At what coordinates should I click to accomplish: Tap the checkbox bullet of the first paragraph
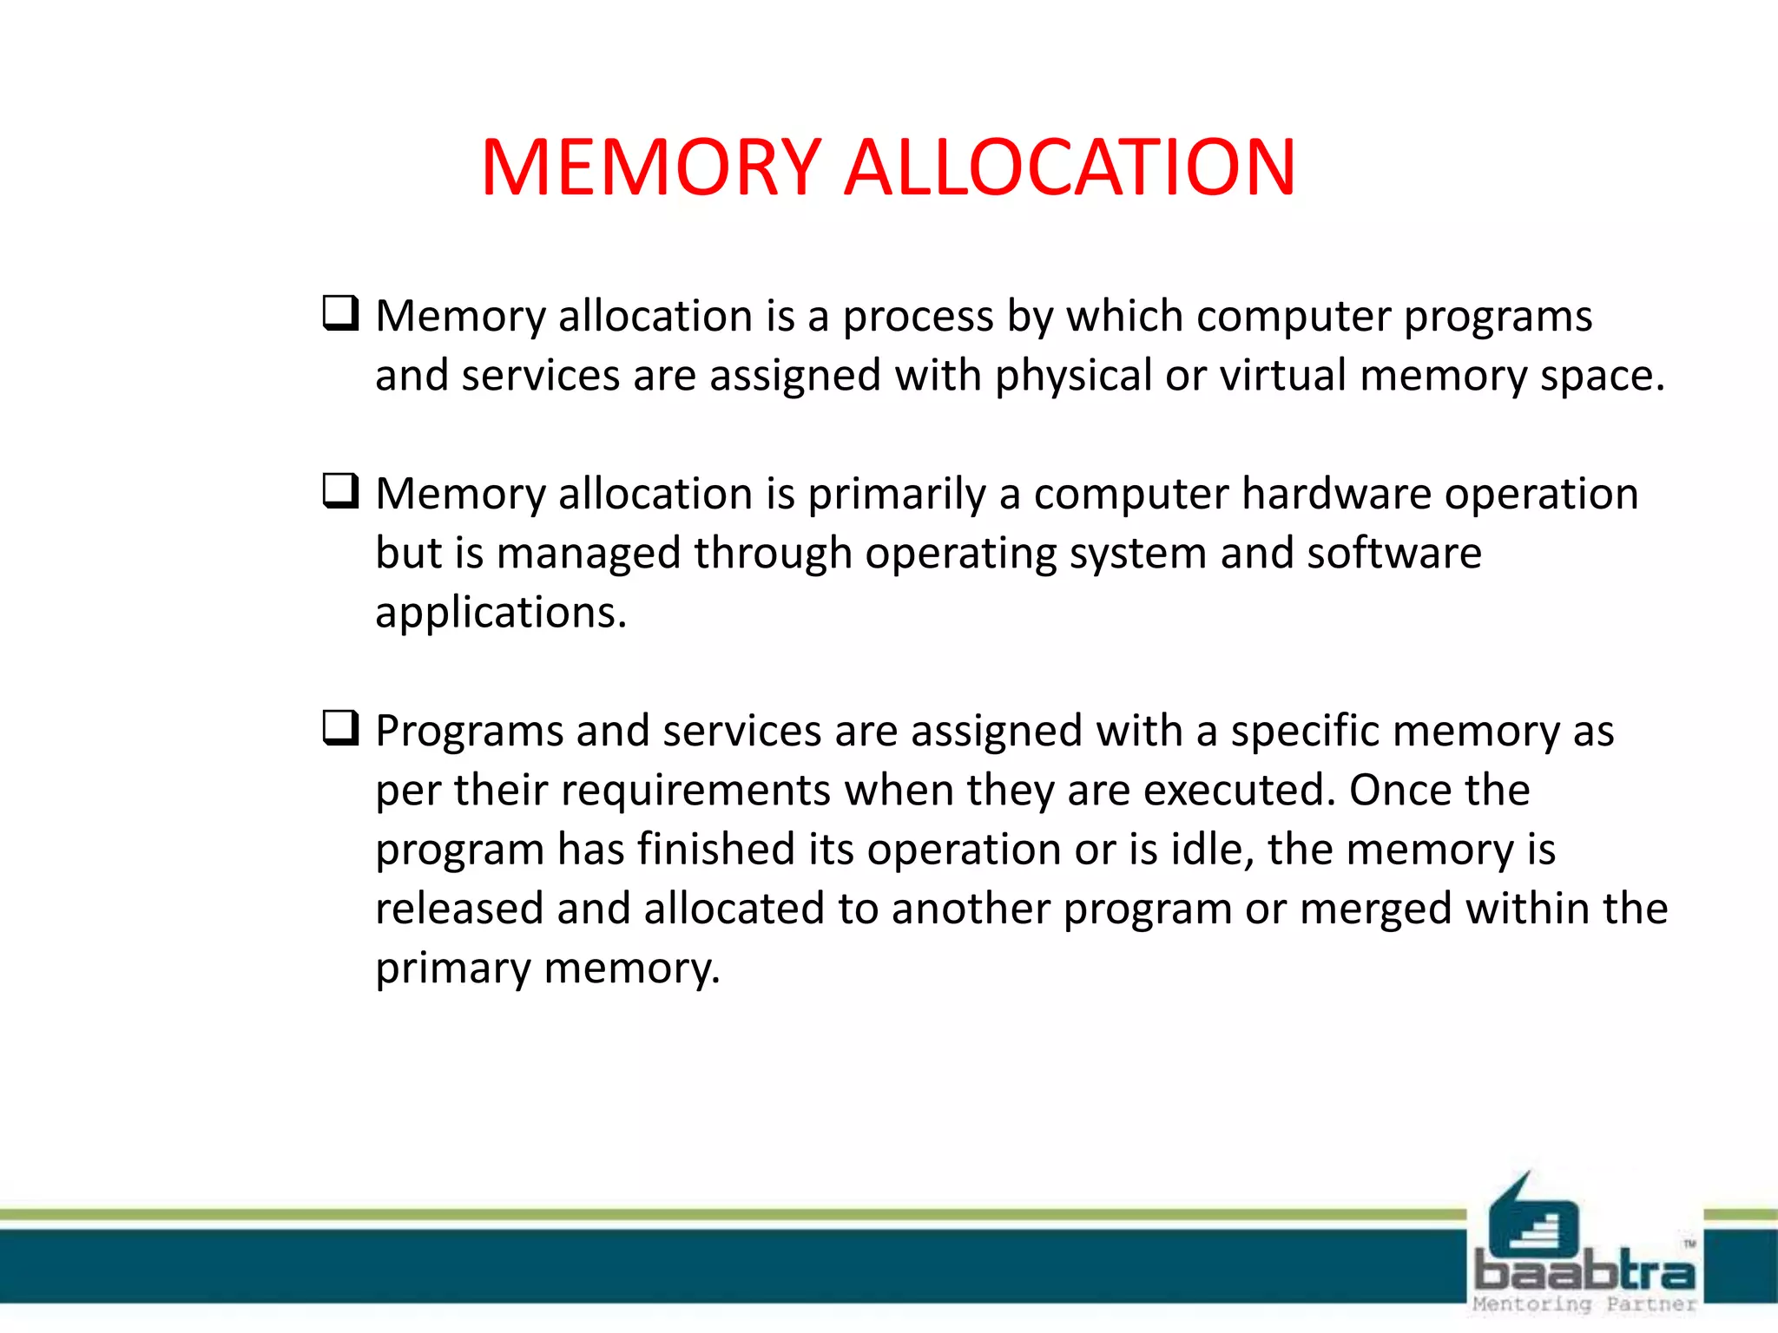(x=340, y=313)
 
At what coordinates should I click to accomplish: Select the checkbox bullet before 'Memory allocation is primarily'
(x=340, y=491)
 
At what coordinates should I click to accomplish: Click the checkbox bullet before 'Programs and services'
(x=340, y=728)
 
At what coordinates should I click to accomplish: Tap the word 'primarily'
(x=897, y=496)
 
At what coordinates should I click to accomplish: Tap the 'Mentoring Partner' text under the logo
(x=1584, y=1304)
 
